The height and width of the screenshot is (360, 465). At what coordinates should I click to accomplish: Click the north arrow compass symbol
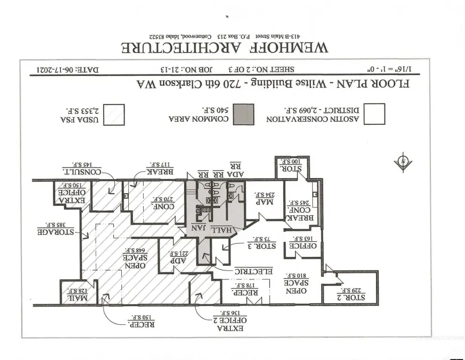point(403,162)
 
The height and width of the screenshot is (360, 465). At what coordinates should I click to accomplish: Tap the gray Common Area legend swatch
point(244,114)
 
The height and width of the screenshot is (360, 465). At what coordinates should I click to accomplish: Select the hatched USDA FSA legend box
point(114,114)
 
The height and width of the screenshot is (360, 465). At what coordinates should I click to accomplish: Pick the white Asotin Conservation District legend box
point(375,114)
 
